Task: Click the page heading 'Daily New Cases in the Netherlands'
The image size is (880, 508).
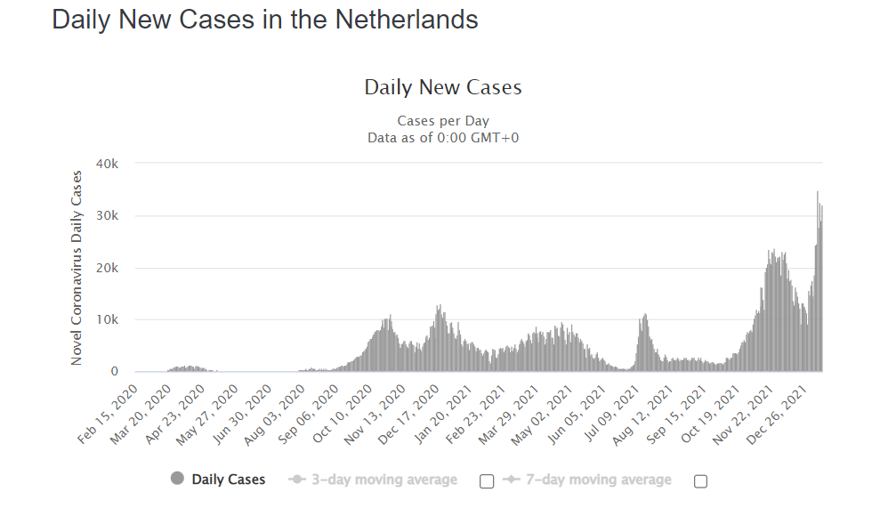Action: coord(265,20)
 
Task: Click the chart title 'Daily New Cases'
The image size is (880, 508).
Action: coord(442,87)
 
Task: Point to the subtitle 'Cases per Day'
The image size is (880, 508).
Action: coord(442,121)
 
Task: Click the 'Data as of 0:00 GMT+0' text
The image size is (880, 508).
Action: coord(442,137)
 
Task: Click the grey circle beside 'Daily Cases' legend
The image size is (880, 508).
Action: coord(177,480)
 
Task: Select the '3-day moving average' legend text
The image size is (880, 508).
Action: coord(383,480)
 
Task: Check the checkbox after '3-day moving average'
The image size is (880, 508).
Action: coord(487,481)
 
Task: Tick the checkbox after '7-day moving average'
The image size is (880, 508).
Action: coord(700,481)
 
